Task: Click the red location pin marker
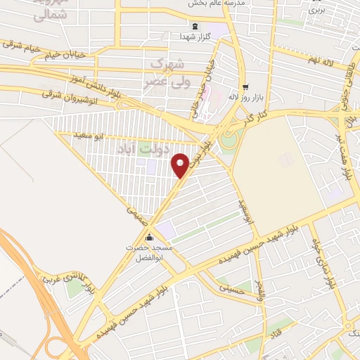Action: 181,165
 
